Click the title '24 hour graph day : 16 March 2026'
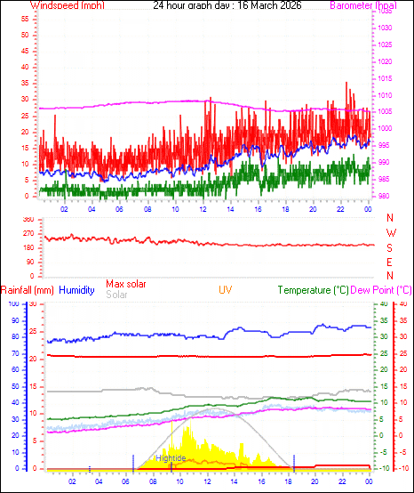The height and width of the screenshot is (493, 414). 227,5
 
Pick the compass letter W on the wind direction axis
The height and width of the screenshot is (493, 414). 390,233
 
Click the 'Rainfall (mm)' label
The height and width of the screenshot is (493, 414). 28,290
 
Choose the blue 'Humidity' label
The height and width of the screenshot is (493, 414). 76,290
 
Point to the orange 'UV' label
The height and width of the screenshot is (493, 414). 227,290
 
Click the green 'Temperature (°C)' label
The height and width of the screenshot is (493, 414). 312,290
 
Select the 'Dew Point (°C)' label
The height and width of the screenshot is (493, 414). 381,290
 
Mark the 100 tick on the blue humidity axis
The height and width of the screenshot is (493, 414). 12,304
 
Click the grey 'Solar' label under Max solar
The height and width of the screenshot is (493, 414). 116,295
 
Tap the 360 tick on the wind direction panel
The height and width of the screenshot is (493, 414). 27,219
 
